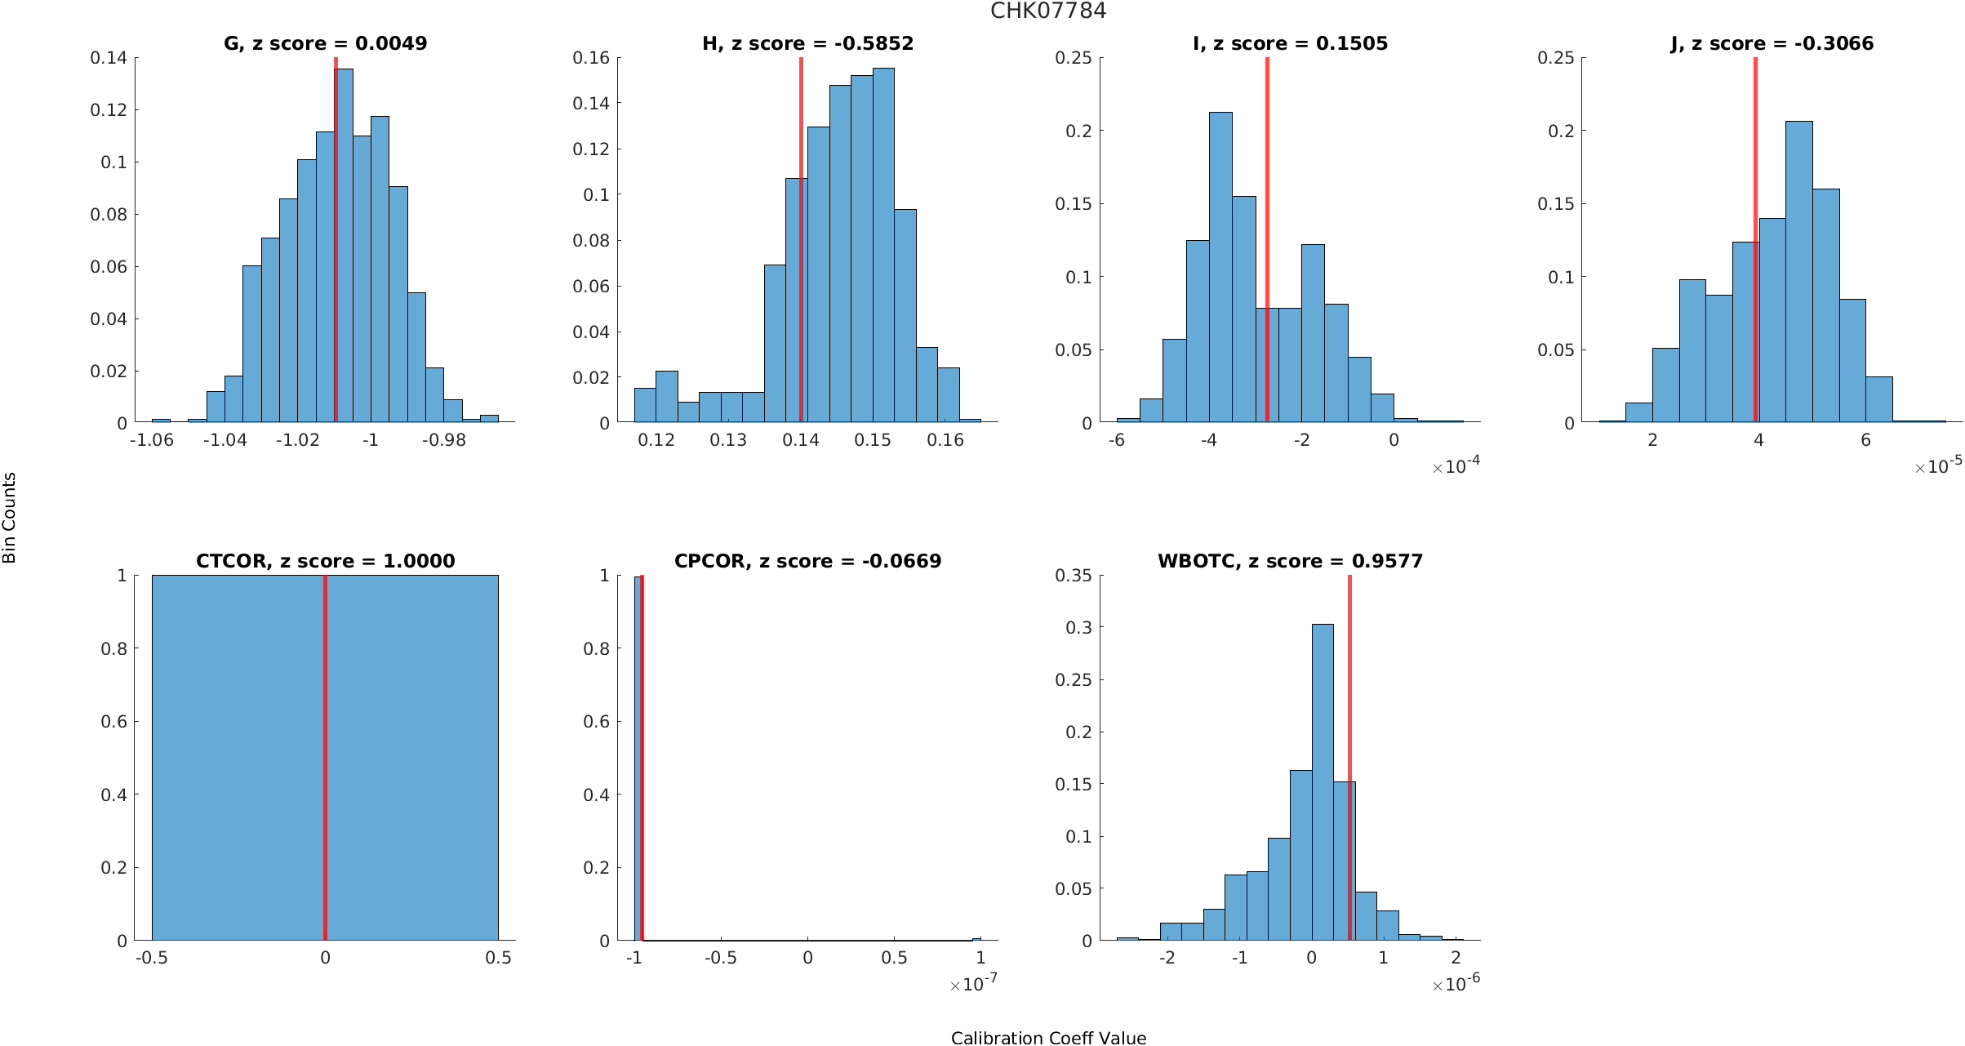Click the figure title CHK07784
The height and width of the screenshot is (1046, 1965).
coord(1048,11)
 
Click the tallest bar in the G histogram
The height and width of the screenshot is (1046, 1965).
coord(345,245)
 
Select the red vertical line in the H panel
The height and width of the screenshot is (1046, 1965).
coord(801,245)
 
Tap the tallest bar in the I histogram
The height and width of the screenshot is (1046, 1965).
coord(1220,269)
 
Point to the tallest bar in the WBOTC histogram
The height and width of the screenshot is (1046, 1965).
coord(1323,784)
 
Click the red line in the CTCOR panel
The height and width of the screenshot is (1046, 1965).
coord(325,759)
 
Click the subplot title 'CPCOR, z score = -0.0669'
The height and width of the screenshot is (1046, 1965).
coord(807,561)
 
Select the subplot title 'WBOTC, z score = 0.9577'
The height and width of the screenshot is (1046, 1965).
coord(1290,561)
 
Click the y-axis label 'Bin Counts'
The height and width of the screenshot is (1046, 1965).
coord(10,518)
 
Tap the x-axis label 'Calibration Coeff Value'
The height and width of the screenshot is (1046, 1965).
coord(1048,1038)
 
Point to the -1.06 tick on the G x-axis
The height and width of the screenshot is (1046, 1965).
coord(152,440)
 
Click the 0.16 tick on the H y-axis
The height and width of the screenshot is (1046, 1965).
coord(591,58)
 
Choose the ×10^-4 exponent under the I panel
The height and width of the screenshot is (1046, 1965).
coord(1456,466)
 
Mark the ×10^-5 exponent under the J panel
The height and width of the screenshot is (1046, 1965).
coord(1939,466)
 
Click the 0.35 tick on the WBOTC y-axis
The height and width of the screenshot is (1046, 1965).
coord(1073,576)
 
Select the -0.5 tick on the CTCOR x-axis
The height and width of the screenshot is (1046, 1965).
coord(152,958)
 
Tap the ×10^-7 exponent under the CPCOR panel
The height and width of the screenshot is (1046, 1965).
coord(973,984)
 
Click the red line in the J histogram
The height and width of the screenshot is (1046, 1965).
coord(1755,245)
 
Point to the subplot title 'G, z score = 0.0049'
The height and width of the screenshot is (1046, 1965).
coord(325,43)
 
